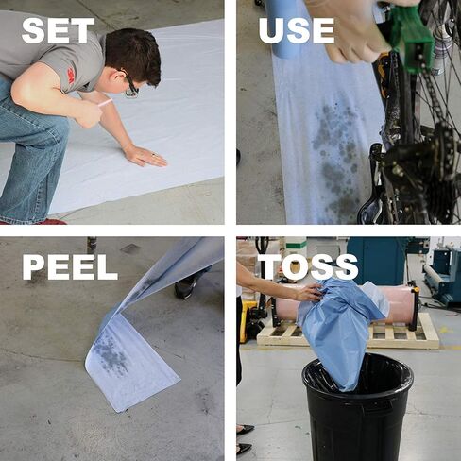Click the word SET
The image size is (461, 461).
[x=59, y=30]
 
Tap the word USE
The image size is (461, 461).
[x=297, y=30]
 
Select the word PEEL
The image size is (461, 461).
[x=70, y=267]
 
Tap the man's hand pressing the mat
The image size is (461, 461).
[x=145, y=156]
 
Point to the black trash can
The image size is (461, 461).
[x=357, y=409]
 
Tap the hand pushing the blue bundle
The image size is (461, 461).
[x=310, y=292]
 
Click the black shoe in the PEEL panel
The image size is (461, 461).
[x=187, y=285]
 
